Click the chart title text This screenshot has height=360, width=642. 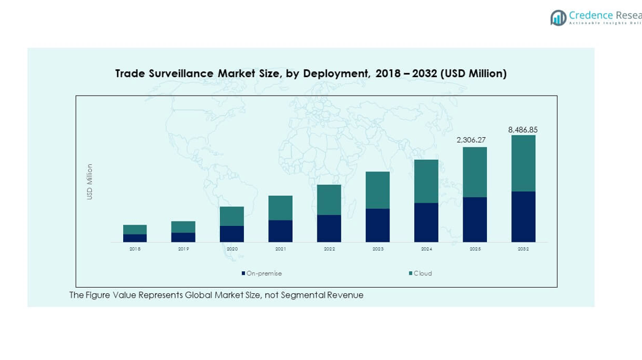pyautogui.click(x=311, y=73)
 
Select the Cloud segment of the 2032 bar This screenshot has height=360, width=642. pyautogui.click(x=523, y=163)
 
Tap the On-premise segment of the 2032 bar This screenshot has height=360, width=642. pyautogui.click(x=523, y=217)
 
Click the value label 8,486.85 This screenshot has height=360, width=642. pyautogui.click(x=523, y=130)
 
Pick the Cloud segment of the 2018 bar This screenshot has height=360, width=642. pyautogui.click(x=135, y=230)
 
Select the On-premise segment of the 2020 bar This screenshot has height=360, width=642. pyautogui.click(x=232, y=234)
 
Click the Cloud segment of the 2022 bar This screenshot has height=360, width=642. pyautogui.click(x=329, y=200)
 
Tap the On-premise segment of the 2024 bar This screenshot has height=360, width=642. pyautogui.click(x=426, y=222)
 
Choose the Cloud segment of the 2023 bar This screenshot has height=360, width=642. pyautogui.click(x=377, y=190)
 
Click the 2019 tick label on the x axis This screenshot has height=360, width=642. pyautogui.click(x=183, y=249)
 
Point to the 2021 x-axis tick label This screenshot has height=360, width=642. pyautogui.click(x=281, y=249)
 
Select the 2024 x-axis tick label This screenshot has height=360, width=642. pyautogui.click(x=426, y=249)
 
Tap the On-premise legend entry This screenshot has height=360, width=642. pyautogui.click(x=262, y=274)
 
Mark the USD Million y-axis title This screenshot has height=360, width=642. pyautogui.click(x=89, y=181)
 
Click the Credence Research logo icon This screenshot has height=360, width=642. pyautogui.click(x=558, y=18)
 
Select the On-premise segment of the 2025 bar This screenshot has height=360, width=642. pyautogui.click(x=475, y=219)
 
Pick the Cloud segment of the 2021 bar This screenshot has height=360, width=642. pyautogui.click(x=281, y=208)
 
